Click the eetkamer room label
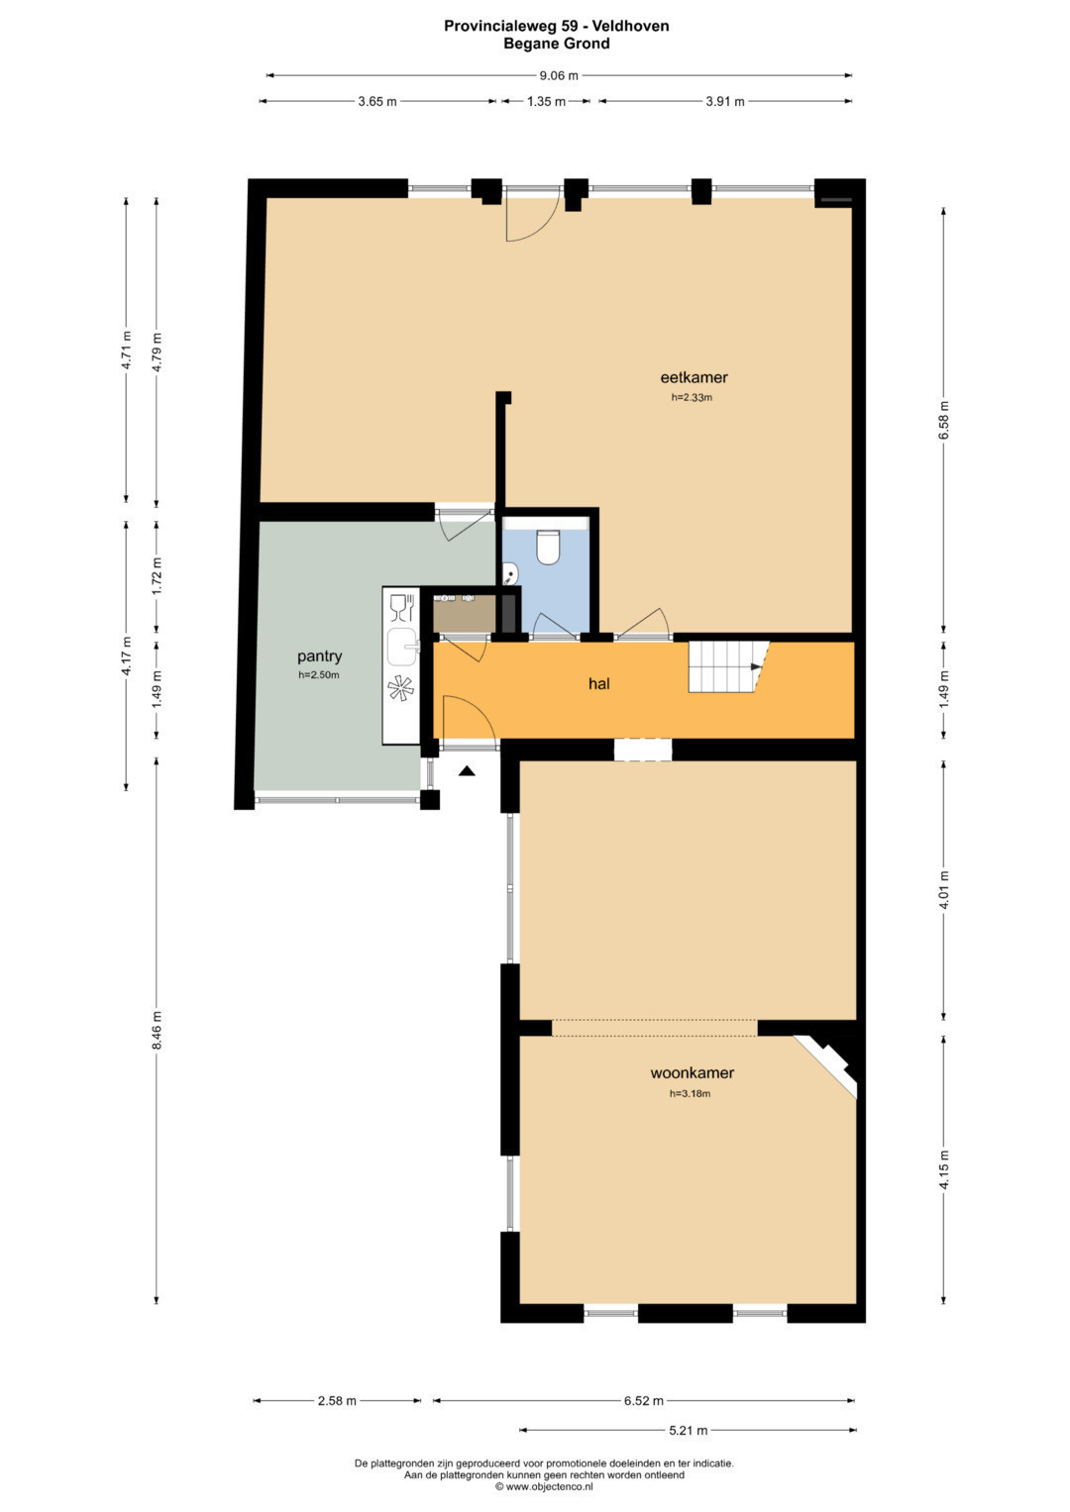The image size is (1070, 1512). pos(694,378)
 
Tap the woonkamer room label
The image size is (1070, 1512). pos(692,1072)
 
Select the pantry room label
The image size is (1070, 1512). pos(319,656)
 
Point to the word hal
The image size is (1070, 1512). pos(599,684)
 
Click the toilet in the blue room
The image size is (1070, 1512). pos(547,547)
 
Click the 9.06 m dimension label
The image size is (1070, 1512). pos(559,75)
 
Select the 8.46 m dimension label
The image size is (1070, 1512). pos(157,1031)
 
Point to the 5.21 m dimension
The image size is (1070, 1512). pos(688,1430)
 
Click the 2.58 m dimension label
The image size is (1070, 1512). pos(337,1401)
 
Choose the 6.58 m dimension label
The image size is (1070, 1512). pos(943,420)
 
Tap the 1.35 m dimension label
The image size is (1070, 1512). pos(546,101)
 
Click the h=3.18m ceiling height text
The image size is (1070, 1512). pos(690,1093)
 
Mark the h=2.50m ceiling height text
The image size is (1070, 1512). pos(319,675)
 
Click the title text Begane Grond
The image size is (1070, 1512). pos(557,44)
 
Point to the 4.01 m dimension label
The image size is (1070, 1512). pos(943,889)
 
